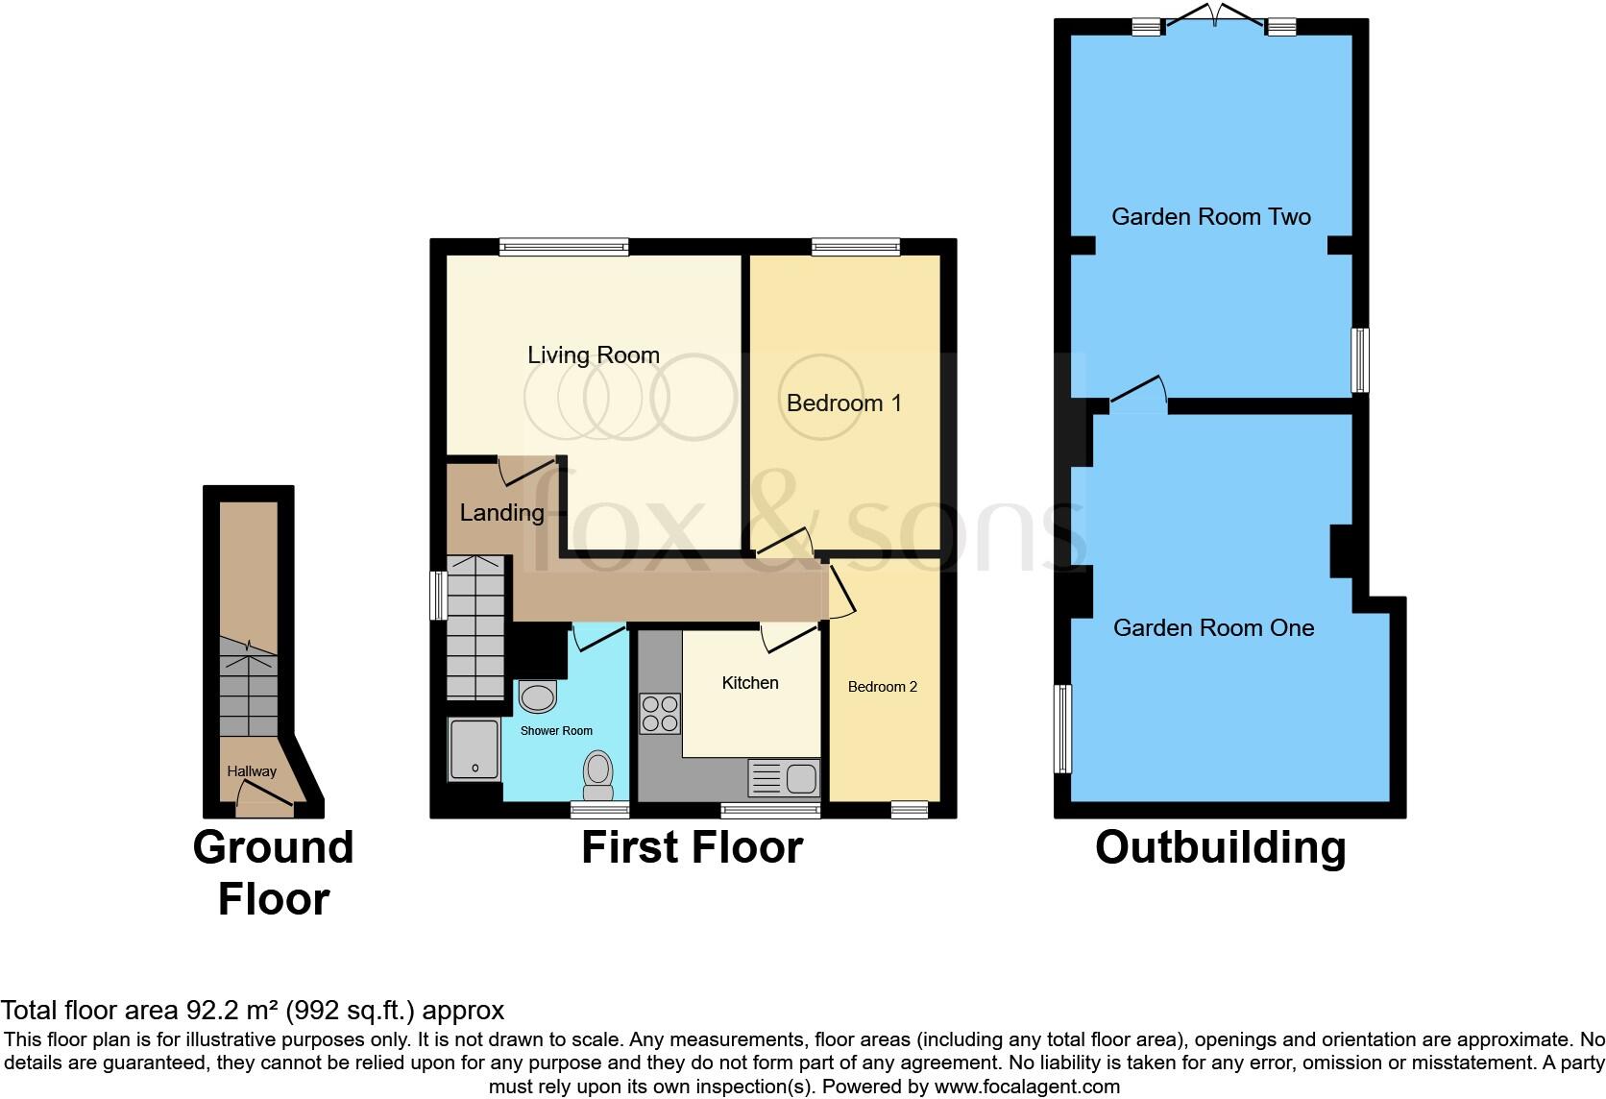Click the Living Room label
593,354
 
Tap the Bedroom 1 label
843,403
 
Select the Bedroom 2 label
882,687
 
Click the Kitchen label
749,683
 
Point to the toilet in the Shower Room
597,774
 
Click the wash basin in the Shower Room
537,696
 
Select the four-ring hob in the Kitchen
660,713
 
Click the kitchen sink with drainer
784,777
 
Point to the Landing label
501,513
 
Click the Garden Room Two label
1210,217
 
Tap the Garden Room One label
1213,628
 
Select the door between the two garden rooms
1139,394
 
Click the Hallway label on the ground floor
251,771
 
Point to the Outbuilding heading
1220,847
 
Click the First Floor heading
692,847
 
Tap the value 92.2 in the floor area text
207,1011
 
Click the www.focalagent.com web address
1027,1087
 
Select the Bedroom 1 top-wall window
856,247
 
